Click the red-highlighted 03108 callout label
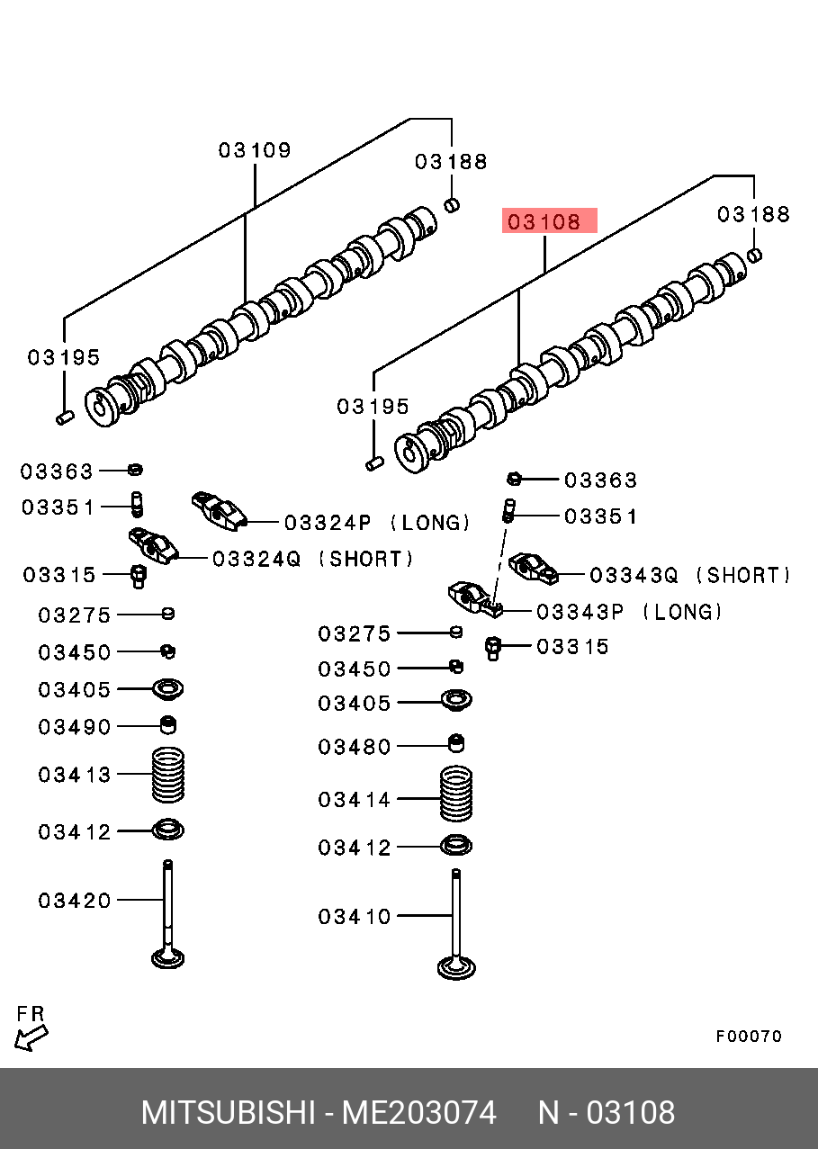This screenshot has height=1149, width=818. pyautogui.click(x=544, y=222)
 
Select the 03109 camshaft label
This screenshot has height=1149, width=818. pyautogui.click(x=255, y=150)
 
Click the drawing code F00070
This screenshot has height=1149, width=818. pyautogui.click(x=749, y=1037)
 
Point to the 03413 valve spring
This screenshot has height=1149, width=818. pyautogui.click(x=167, y=775)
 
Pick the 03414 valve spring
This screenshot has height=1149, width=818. pyautogui.click(x=456, y=794)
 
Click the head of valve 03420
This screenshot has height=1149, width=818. pyautogui.click(x=167, y=958)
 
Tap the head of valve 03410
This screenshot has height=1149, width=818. pyautogui.click(x=456, y=968)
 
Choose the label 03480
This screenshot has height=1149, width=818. pyautogui.click(x=354, y=747)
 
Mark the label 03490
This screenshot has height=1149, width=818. pyautogui.click(x=75, y=727)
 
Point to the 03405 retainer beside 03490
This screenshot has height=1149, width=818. pyautogui.click(x=167, y=689)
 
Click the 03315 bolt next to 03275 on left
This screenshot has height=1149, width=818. pyautogui.click(x=139, y=577)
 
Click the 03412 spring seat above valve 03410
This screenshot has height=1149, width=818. pyautogui.click(x=456, y=846)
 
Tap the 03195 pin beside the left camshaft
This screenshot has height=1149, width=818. pyautogui.click(x=65, y=417)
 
